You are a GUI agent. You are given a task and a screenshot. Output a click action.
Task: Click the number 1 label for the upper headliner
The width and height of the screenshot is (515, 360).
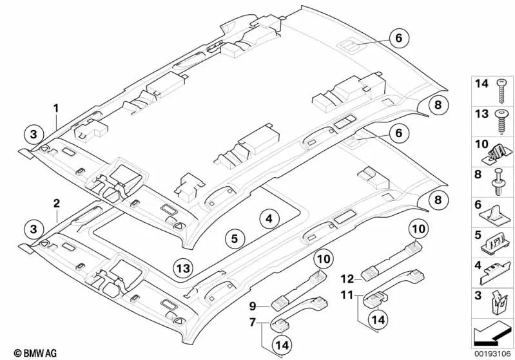tap(56, 108)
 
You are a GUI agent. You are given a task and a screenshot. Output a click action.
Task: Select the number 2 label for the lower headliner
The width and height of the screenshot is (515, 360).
tap(56, 204)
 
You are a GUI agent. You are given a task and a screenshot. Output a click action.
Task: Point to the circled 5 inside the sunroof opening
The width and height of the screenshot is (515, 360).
tap(235, 238)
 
